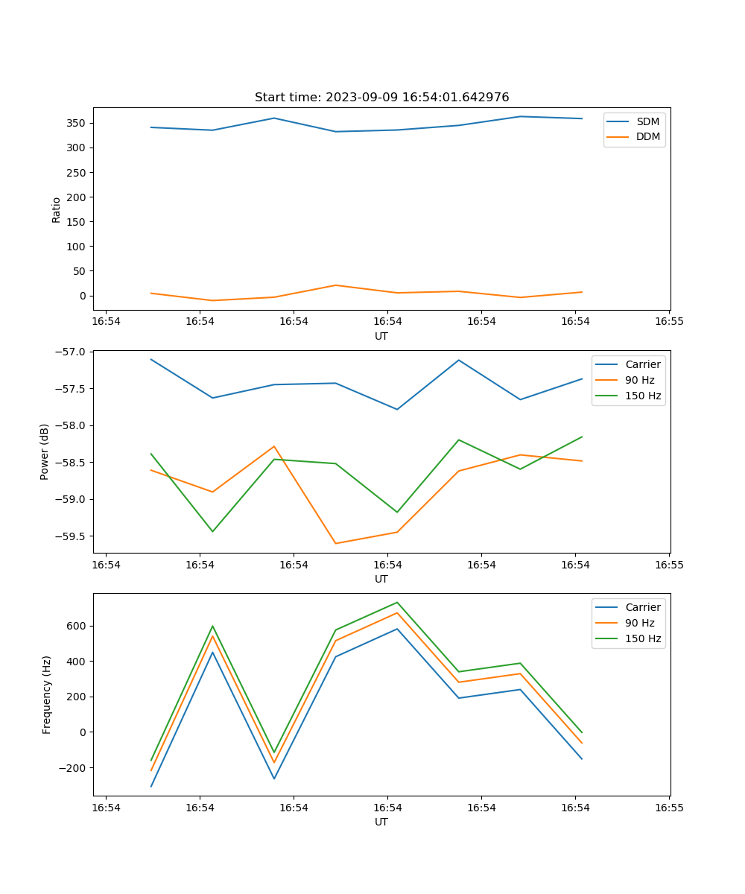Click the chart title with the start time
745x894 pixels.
coord(381,98)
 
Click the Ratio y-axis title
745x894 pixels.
coord(57,209)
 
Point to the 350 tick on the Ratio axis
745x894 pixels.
coord(77,123)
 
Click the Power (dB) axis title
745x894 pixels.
coord(45,451)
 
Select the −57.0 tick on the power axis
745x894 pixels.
coord(70,352)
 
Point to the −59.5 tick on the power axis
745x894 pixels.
coord(70,536)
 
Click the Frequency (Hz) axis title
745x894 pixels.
coord(47,694)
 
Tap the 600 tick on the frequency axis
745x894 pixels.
coord(77,626)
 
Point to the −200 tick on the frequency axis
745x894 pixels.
coord(74,768)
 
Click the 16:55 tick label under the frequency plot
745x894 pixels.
coord(669,807)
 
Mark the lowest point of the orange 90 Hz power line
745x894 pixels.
coord(335,543)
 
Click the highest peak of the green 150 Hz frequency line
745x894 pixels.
coord(397,602)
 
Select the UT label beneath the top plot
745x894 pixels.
coord(381,336)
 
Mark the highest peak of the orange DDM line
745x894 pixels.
coord(335,285)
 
